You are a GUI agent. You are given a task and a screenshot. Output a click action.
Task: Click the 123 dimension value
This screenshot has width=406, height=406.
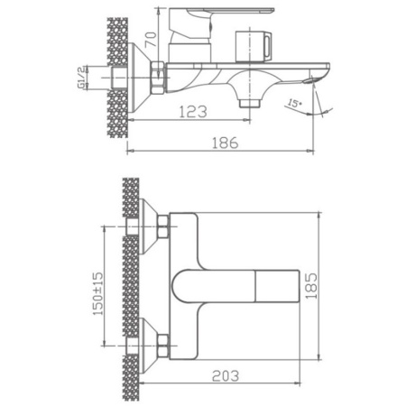click(193, 112)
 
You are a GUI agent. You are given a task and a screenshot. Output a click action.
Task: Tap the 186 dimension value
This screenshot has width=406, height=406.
click(226, 143)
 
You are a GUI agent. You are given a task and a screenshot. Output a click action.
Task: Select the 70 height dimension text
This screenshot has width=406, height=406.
click(152, 40)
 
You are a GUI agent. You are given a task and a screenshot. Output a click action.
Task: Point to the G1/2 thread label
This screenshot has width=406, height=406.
click(81, 78)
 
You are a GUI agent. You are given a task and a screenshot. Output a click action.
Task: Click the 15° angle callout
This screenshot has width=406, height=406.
click(294, 104)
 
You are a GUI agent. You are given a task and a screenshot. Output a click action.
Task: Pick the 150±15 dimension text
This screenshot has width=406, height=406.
click(97, 293)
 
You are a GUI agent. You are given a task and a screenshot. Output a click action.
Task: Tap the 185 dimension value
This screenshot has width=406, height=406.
click(311, 286)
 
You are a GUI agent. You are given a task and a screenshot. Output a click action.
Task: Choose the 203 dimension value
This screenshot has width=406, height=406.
click(226, 376)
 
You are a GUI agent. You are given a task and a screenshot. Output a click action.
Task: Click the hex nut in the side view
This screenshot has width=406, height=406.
click(158, 77)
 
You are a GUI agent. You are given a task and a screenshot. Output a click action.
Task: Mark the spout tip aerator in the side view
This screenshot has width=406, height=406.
click(309, 80)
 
